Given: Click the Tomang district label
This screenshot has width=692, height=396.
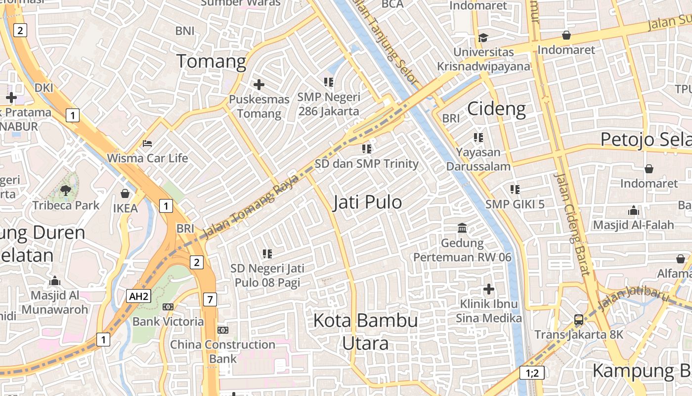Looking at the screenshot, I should click(211, 61).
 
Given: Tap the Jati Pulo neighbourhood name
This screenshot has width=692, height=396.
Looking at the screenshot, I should click(367, 202).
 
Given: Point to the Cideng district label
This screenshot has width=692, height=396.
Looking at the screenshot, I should click(496, 108).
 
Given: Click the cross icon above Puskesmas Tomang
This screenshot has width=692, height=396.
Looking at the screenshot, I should click(259, 85).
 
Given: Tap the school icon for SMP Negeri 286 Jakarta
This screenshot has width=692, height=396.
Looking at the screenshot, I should click(329, 82).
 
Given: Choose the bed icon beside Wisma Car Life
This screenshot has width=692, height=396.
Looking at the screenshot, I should click(147, 144).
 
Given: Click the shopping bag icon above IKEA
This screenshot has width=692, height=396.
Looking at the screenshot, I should click(125, 194).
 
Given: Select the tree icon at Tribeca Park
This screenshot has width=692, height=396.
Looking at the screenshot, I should click(65, 190).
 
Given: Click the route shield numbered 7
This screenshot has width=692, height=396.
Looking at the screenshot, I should click(210, 299).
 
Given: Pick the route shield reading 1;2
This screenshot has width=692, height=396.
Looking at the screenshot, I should click(532, 373).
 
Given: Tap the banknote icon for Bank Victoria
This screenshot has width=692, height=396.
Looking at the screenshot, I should click(168, 307).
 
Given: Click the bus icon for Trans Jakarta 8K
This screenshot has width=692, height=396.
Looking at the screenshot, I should click(578, 320).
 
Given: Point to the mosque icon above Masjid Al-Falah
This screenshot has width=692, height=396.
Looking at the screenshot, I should click(634, 211).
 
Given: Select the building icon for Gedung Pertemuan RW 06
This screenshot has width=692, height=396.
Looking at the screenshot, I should click(462, 228).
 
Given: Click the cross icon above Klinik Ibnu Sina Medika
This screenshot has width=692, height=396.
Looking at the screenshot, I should click(489, 289).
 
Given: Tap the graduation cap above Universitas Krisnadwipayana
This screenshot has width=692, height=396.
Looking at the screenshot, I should click(483, 38).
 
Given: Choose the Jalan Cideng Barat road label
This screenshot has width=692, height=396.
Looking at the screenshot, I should click(572, 224).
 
